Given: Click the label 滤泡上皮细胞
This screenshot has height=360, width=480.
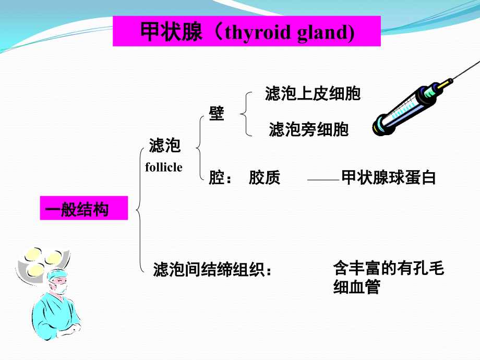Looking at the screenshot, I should click(313, 94).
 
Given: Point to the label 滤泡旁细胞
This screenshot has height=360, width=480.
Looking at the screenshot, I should click(308, 129).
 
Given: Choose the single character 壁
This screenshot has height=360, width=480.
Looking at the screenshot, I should click(217, 113).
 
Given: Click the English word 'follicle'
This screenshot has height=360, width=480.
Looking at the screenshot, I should click(163, 167).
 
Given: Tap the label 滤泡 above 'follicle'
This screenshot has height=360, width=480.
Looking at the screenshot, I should click(164, 146).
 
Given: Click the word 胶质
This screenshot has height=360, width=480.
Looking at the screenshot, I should click(264, 178).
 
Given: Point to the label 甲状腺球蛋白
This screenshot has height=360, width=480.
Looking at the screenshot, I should click(388, 178).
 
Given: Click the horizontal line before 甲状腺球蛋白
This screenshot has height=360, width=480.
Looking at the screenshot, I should click(323, 180).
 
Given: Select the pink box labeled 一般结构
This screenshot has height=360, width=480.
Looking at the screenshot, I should click(83, 209).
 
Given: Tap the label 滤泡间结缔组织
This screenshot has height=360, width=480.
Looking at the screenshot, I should click(208, 270).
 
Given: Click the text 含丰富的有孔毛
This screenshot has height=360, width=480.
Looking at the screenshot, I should click(388, 269).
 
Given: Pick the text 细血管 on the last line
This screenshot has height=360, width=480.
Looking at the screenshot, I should click(357, 287).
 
